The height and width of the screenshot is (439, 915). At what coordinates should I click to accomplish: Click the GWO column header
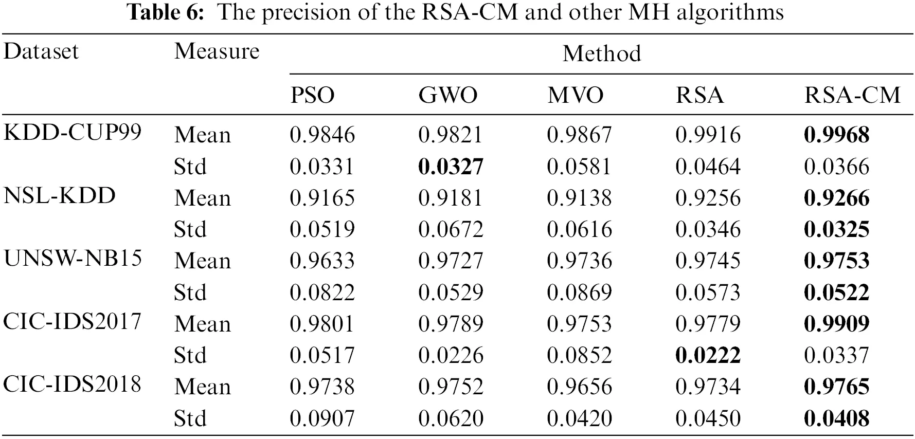[x=447, y=95]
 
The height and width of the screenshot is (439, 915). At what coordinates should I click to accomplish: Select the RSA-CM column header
[x=852, y=95]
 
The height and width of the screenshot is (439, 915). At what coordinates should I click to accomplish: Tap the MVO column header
[x=576, y=95]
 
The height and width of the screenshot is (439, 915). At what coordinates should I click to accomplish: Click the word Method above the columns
[x=601, y=53]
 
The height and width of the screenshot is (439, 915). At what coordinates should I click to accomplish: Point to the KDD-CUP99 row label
[x=72, y=133]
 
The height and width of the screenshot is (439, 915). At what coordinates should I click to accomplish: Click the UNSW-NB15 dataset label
[x=73, y=258]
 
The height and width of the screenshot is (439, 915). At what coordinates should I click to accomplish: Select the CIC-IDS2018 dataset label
[x=72, y=384]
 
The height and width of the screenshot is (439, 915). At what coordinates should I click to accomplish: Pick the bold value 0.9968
[x=836, y=135]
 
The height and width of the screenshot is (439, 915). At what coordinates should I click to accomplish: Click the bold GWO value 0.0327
[x=451, y=167]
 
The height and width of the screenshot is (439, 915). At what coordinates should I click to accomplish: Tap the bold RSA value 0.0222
[x=708, y=355]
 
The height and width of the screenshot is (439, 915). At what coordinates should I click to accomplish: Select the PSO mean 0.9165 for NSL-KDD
[x=322, y=198]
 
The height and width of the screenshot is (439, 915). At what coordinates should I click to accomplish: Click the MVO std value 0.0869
[x=579, y=292]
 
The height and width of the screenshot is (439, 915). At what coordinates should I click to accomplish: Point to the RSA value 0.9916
[x=708, y=135]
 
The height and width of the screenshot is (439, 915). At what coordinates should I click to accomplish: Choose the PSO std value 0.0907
[x=322, y=418]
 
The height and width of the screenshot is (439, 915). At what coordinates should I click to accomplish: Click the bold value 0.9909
[x=836, y=324]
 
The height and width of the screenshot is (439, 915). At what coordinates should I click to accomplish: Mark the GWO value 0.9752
[x=451, y=387]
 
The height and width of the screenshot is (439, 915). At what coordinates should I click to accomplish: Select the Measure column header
[x=217, y=51]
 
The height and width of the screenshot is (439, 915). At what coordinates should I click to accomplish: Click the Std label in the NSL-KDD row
[x=190, y=229]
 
